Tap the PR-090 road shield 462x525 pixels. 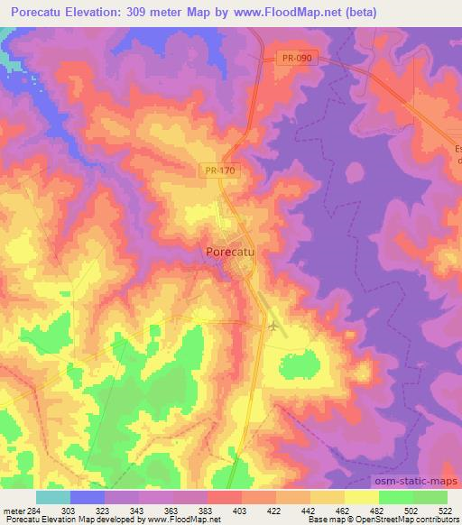click(x=295, y=57)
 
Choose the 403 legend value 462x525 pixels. click(x=215, y=510)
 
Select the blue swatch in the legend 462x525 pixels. click(x=87, y=497)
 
